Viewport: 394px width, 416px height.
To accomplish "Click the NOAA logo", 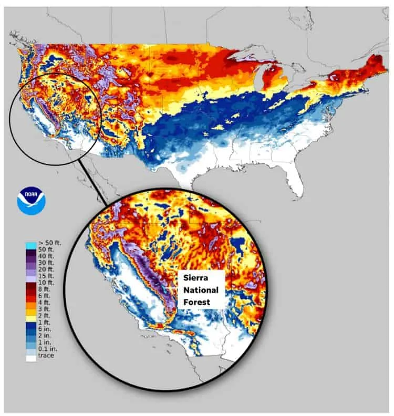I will (32, 200).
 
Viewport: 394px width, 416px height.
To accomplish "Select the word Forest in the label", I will (193, 302).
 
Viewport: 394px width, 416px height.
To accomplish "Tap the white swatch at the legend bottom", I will (30, 357).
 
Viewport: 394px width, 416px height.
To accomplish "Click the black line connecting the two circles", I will (92, 182).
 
